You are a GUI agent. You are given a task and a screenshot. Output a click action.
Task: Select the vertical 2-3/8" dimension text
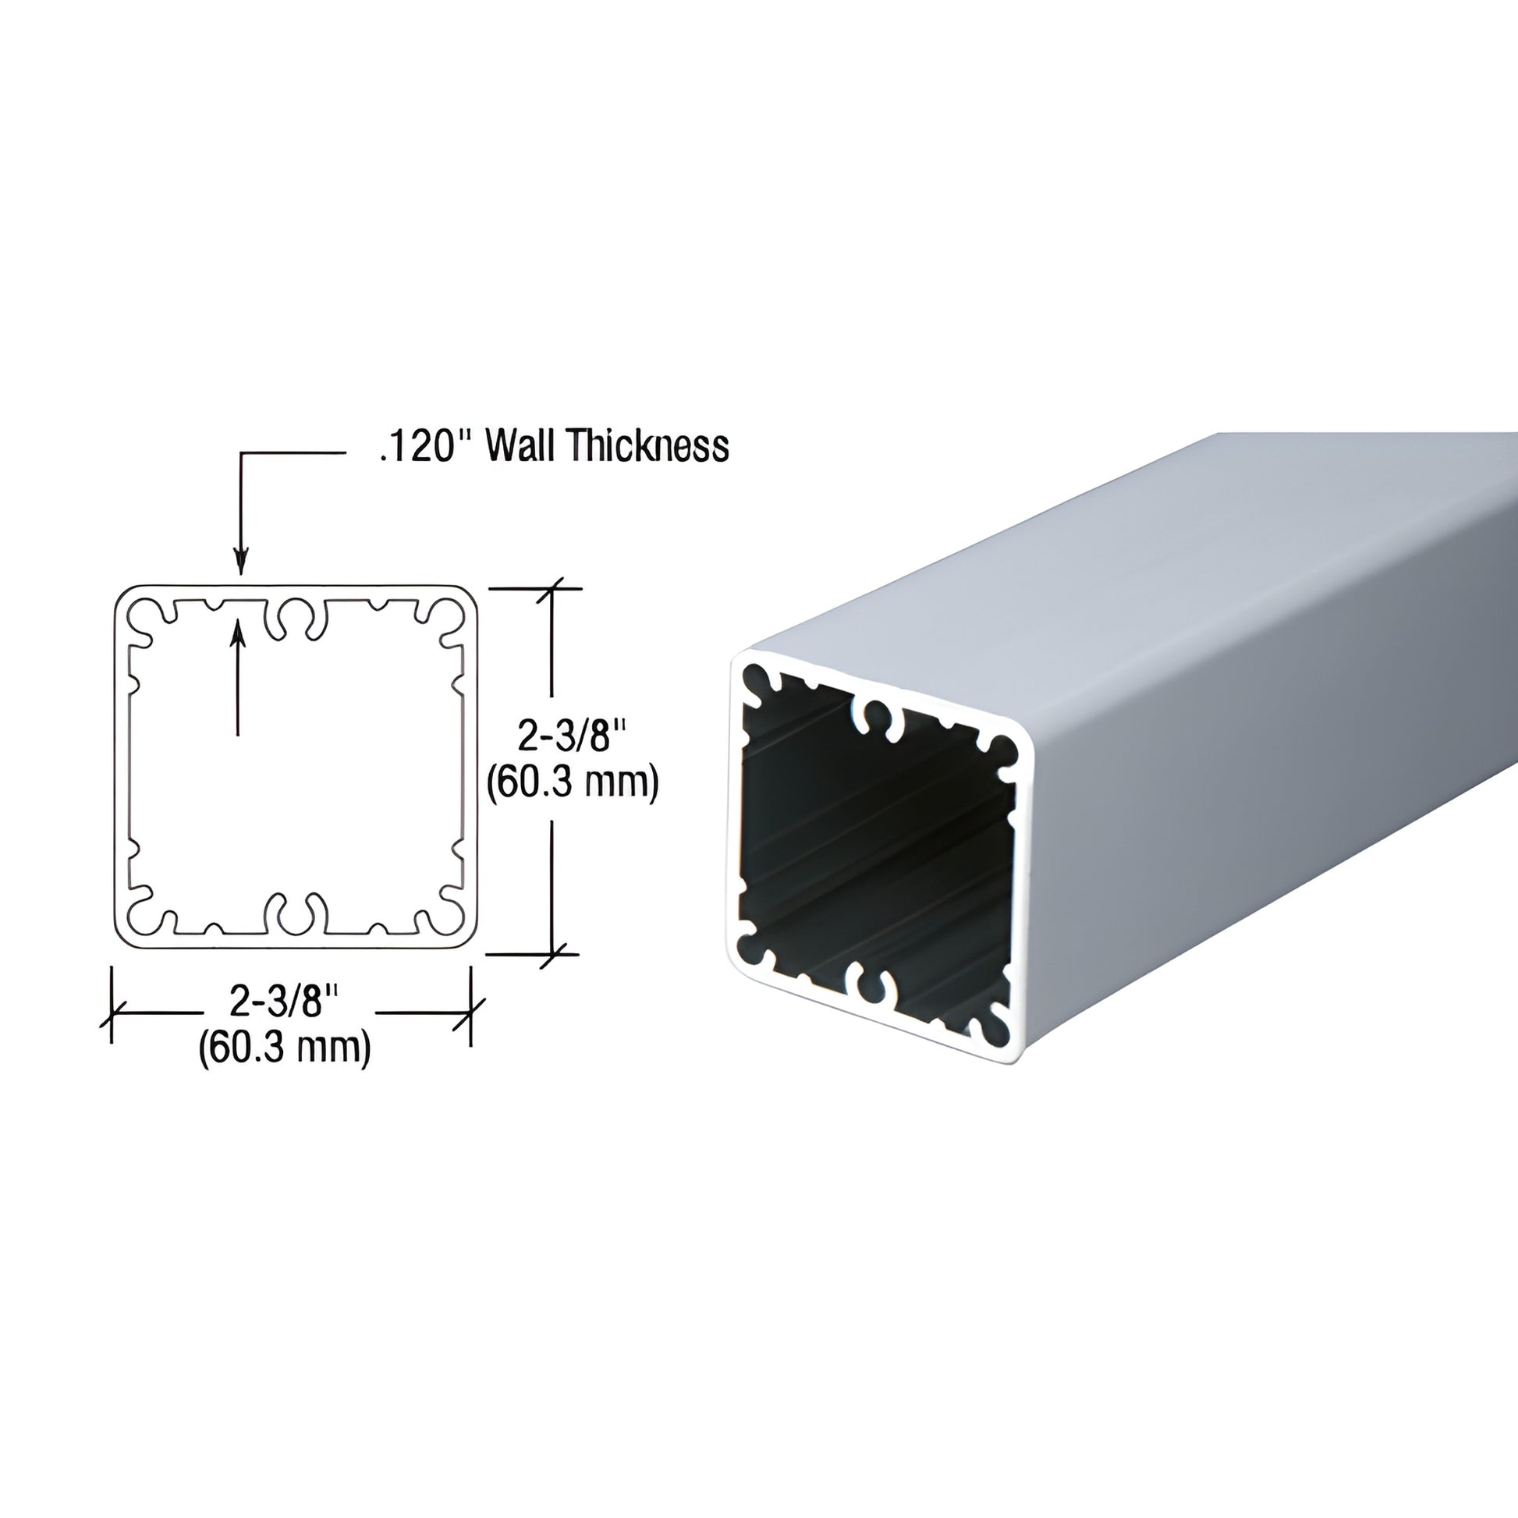(x=572, y=736)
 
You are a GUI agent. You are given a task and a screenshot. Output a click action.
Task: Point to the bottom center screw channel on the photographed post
(x=868, y=986)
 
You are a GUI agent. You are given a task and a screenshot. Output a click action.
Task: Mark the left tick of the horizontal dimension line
(x=112, y=1013)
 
